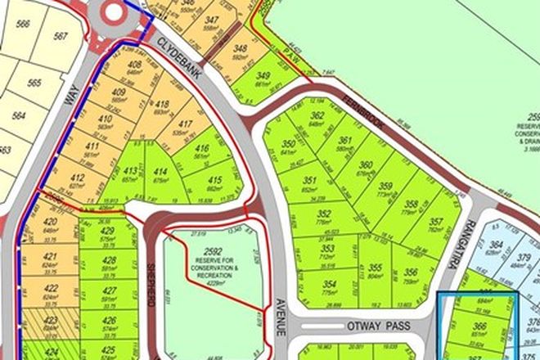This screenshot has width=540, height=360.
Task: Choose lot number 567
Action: tap(59, 36)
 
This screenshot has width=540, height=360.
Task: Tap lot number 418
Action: tap(163, 104)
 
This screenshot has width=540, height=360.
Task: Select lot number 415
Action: tap(216, 180)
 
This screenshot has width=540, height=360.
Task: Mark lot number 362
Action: tap(317, 118)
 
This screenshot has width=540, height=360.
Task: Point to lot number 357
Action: tap(436, 222)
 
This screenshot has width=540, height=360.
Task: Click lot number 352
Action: tap(310, 214)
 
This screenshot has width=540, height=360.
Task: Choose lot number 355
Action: tap(375, 268)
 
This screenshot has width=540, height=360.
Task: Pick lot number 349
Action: tap(263, 79)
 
